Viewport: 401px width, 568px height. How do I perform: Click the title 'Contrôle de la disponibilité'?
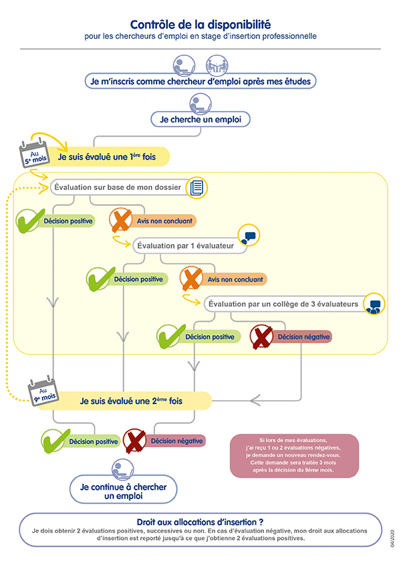[200, 25]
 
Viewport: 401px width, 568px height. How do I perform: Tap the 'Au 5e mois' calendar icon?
[34, 154]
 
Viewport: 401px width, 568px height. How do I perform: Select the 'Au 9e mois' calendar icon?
[43, 391]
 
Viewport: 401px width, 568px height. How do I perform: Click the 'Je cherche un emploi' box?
[200, 119]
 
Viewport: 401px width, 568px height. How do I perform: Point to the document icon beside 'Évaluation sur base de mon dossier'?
[196, 187]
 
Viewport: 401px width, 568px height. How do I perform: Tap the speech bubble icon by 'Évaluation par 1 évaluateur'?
[249, 235]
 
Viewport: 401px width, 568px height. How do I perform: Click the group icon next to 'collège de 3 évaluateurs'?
[374, 304]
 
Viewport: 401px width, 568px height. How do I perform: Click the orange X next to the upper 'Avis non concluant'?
[121, 220]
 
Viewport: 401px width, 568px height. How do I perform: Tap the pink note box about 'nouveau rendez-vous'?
[294, 456]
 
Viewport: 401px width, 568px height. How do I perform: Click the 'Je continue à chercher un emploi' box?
[124, 489]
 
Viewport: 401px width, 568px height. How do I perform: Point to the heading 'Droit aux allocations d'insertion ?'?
[200, 522]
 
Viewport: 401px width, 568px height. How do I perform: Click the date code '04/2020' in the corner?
[392, 539]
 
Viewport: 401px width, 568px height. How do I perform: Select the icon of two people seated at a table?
[217, 66]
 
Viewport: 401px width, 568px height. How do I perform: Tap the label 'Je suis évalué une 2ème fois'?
[131, 401]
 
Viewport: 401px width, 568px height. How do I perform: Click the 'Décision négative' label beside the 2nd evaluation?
[176, 441]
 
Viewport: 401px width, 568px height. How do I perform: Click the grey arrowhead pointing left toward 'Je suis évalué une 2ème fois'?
[255, 401]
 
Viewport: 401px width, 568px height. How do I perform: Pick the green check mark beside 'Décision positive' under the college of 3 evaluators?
[170, 337]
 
